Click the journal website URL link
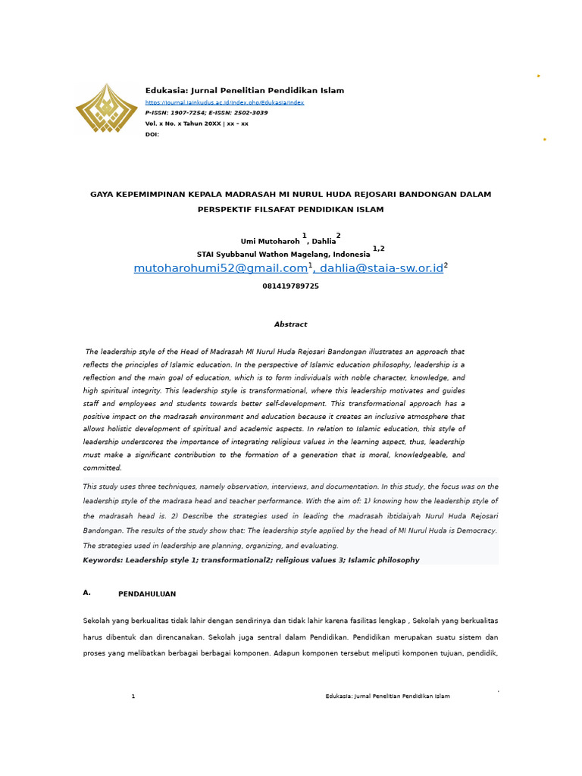[x=224, y=102]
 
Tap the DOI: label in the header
[x=152, y=134]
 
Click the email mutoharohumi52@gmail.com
[x=221, y=268]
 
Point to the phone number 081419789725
[x=290, y=286]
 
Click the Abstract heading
[x=290, y=324]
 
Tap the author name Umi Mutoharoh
[x=270, y=242]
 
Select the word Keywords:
[x=103, y=560]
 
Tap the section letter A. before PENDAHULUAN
[x=87, y=593]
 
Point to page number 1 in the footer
[x=133, y=696]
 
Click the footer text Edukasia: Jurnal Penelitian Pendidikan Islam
[x=387, y=696]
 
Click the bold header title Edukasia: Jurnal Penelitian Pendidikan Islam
[x=245, y=91]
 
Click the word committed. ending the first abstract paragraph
[x=102, y=468]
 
